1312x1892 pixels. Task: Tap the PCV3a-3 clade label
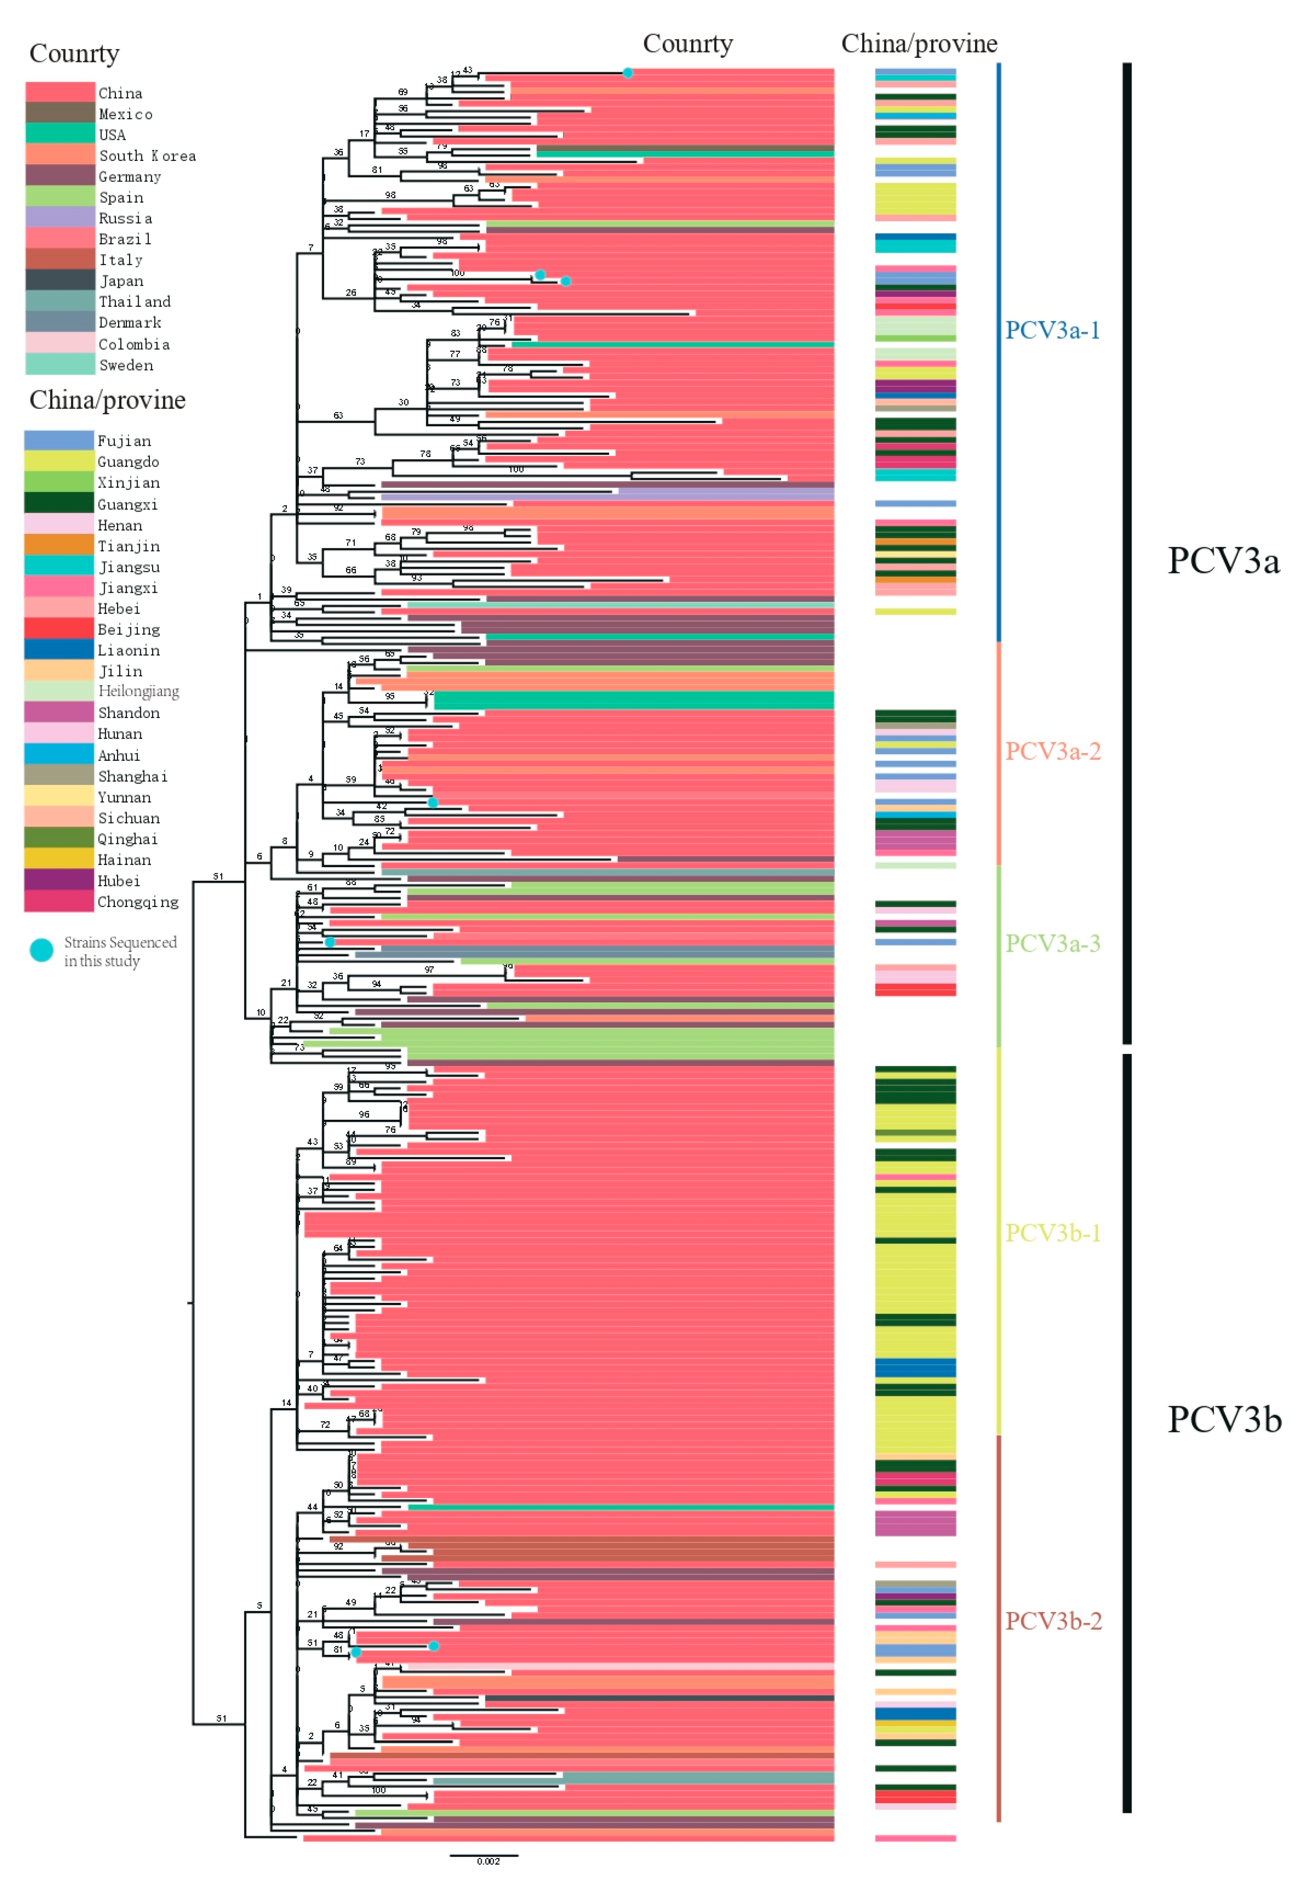click(x=1052, y=943)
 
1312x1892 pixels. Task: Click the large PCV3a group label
click(x=1223, y=561)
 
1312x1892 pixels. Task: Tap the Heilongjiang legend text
click(x=138, y=691)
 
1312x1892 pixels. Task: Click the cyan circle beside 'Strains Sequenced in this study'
click(x=41, y=951)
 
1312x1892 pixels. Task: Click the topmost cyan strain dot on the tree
click(x=627, y=73)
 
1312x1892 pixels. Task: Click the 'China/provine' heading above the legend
click(x=107, y=401)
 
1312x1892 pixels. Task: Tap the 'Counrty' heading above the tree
click(x=687, y=44)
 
